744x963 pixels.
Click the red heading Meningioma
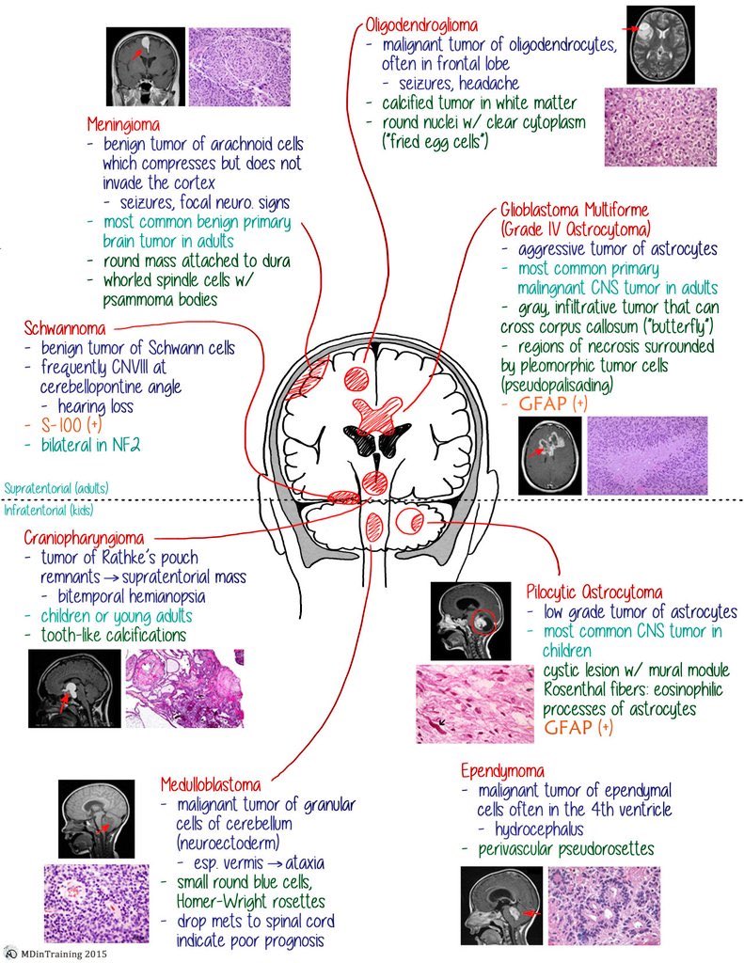tap(123, 124)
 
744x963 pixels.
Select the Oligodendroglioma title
tap(422, 25)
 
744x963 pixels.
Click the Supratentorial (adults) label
tap(55, 488)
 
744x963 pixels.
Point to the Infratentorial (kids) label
tap(49, 510)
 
